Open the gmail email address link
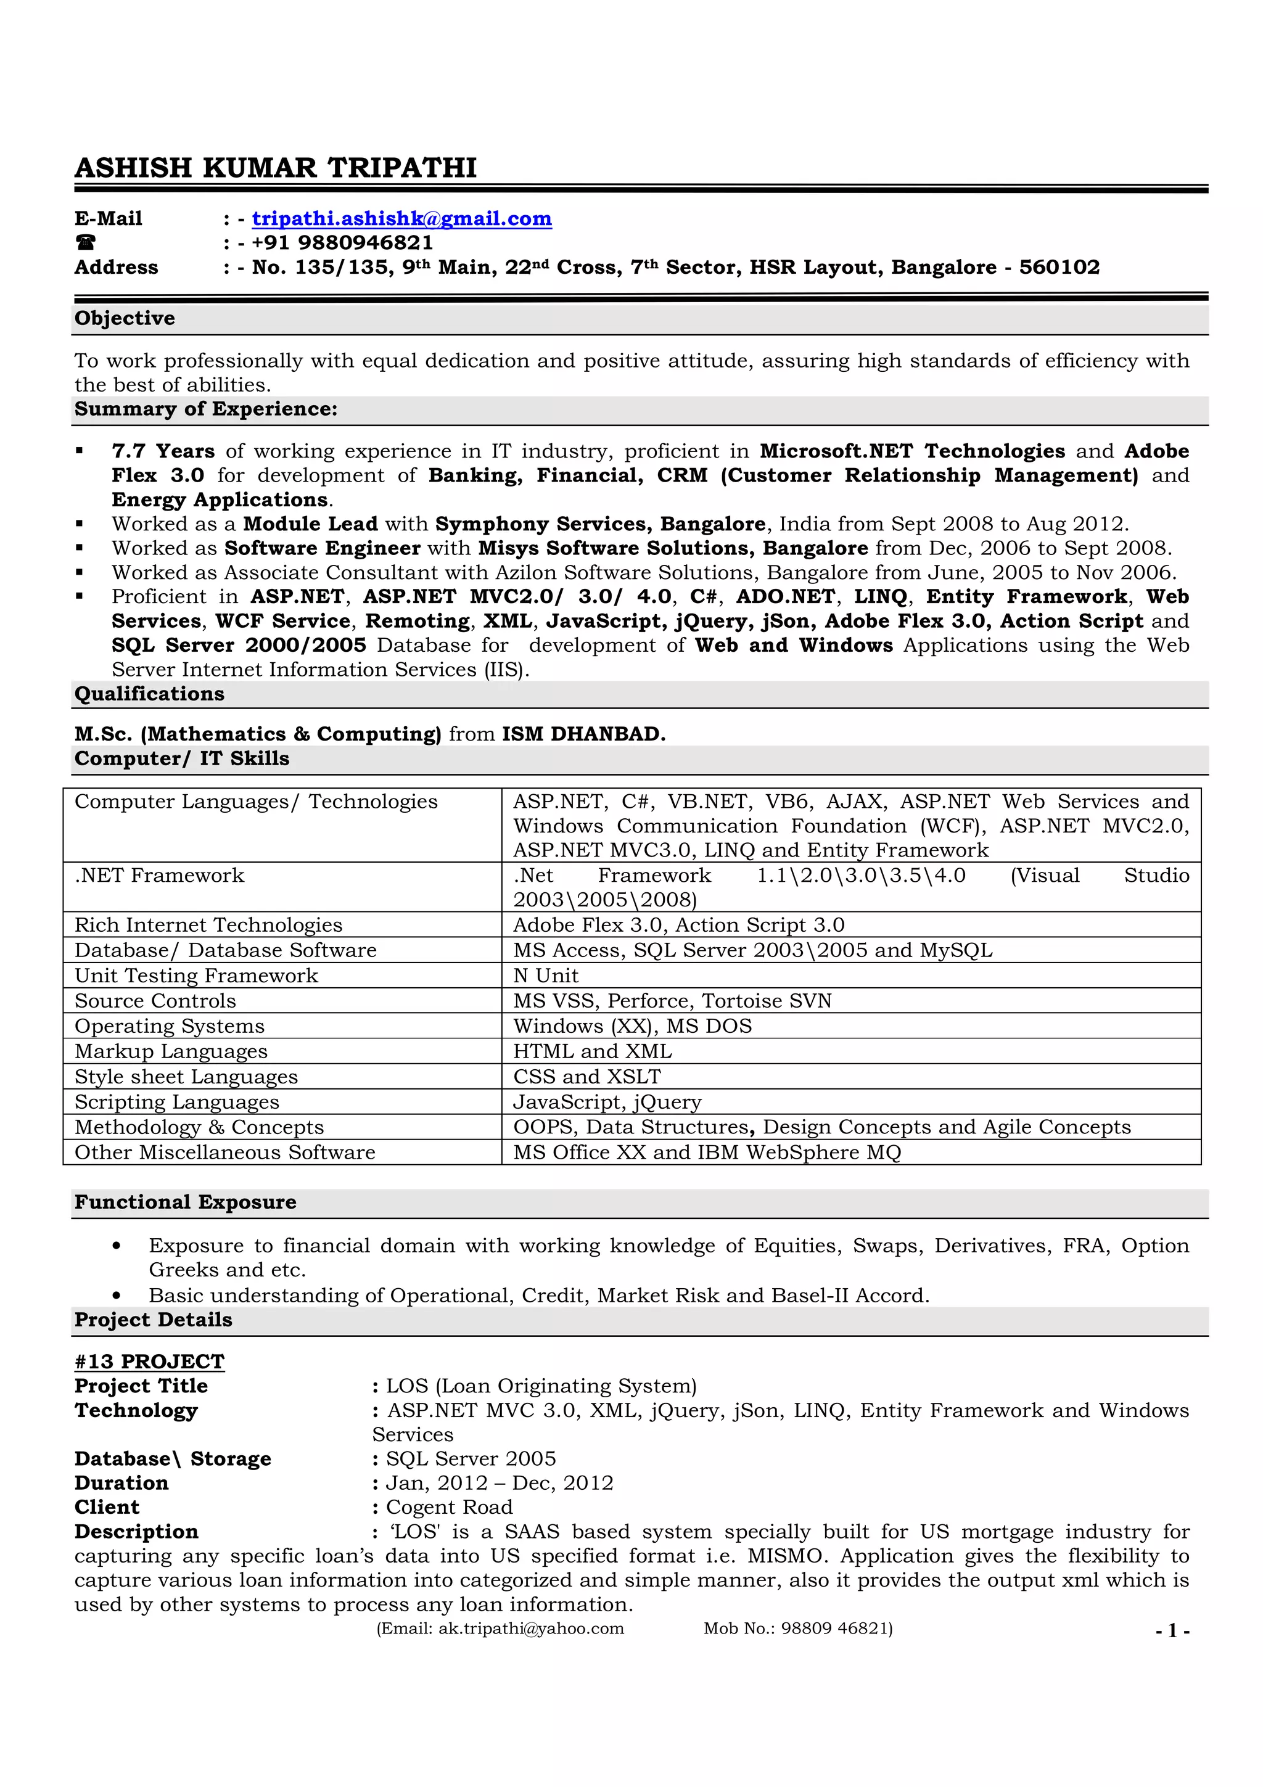[401, 219]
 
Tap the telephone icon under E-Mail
[86, 243]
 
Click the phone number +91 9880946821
[342, 243]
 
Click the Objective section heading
[125, 318]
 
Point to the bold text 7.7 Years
[163, 451]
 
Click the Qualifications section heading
[149, 694]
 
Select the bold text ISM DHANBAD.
[583, 734]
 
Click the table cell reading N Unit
[546, 976]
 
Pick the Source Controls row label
[155, 1001]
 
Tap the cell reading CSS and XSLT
[586, 1077]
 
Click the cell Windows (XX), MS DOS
[632, 1026]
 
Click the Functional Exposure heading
[185, 1202]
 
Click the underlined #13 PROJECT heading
[149, 1362]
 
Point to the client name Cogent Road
[449, 1507]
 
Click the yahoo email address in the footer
[531, 1629]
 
